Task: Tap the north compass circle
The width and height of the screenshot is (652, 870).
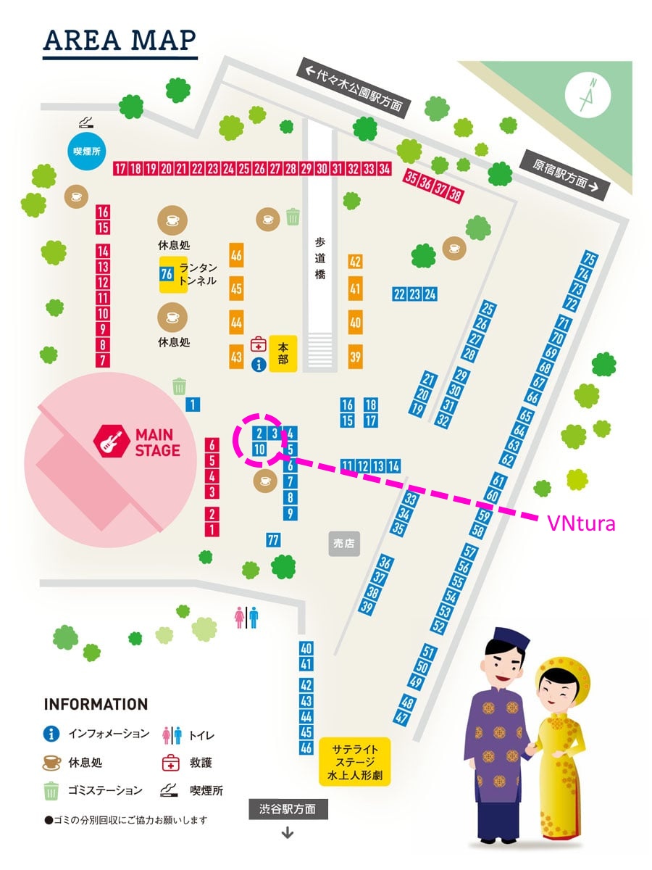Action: pyautogui.click(x=588, y=95)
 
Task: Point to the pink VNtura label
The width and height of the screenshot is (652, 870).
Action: pyautogui.click(x=581, y=522)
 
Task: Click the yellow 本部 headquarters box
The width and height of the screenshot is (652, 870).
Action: pyautogui.click(x=283, y=353)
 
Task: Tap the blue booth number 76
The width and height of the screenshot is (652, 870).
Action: pyautogui.click(x=166, y=274)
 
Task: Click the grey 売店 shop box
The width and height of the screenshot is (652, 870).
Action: pyautogui.click(x=344, y=543)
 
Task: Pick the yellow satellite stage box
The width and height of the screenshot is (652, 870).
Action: pyautogui.click(x=354, y=762)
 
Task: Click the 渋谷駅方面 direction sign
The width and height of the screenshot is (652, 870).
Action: pyautogui.click(x=288, y=809)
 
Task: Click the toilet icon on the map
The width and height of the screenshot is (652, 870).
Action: pyautogui.click(x=246, y=617)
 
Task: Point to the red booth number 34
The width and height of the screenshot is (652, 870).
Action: pyautogui.click(x=385, y=169)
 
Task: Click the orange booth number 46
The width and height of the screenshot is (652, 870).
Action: pyautogui.click(x=236, y=255)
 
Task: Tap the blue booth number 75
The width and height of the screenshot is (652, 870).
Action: pyautogui.click(x=590, y=260)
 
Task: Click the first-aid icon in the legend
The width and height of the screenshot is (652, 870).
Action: pyautogui.click(x=170, y=763)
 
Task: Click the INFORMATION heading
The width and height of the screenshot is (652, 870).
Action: pyautogui.click(x=96, y=704)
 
